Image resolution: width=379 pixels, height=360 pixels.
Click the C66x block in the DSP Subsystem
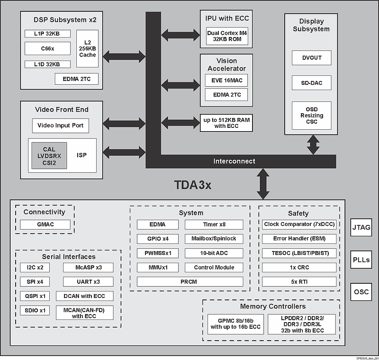[48, 48]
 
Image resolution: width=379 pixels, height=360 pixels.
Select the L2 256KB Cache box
[87, 48]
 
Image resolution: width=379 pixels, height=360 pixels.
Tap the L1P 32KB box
[48, 34]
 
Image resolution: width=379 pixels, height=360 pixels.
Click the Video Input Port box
[61, 126]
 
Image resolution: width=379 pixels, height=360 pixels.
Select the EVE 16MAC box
[226, 81]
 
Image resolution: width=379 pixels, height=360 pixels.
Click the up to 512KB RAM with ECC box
[226, 123]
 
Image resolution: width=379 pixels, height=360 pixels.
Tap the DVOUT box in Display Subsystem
[311, 58]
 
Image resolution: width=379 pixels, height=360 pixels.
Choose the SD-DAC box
[311, 82]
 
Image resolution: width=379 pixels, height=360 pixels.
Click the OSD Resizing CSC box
[311, 115]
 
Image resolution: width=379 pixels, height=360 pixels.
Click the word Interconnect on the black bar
[234, 161]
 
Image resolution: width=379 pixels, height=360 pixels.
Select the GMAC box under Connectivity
[45, 225]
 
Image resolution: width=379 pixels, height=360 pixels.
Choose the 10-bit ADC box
[214, 253]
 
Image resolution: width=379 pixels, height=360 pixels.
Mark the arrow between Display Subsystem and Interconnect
[313, 144]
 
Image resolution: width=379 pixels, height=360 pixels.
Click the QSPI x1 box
[35, 296]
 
